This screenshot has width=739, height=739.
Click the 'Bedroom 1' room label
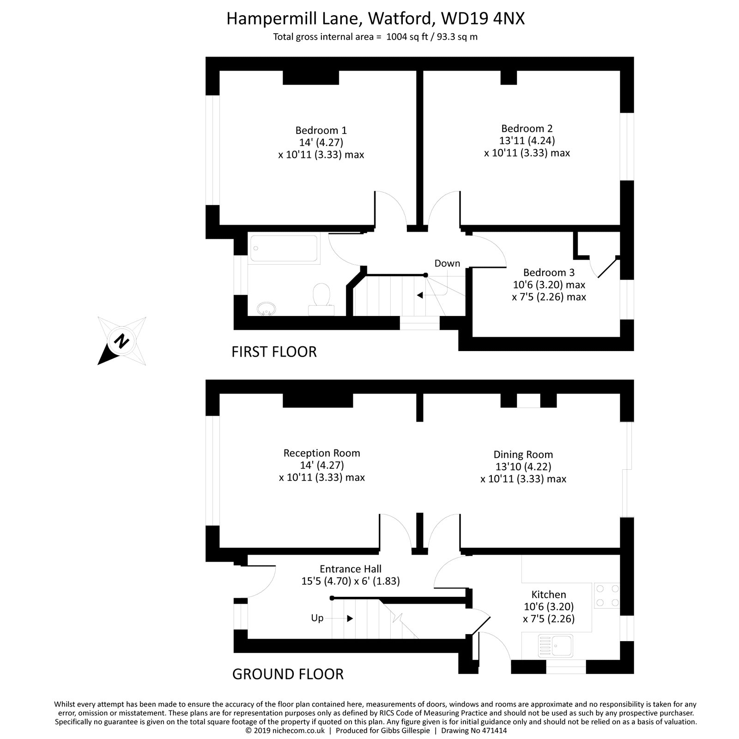(x=321, y=130)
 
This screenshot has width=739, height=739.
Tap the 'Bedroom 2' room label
(x=527, y=128)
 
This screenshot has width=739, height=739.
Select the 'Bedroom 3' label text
(x=549, y=273)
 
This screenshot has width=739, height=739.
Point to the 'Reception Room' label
(x=321, y=453)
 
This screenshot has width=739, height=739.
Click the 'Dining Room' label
(x=523, y=454)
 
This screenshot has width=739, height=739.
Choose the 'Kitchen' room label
(x=548, y=594)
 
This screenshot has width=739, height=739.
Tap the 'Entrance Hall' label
(x=350, y=569)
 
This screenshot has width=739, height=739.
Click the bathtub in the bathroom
(x=284, y=249)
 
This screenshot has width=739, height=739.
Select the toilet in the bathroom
(x=321, y=298)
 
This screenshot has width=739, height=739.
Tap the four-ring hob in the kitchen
(x=607, y=595)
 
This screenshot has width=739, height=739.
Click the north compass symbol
(x=122, y=341)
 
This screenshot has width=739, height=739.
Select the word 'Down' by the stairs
(x=447, y=263)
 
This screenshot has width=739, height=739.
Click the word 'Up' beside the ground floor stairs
(x=317, y=618)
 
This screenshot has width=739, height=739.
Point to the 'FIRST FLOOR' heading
(x=274, y=352)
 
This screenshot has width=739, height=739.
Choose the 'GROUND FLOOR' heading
(x=287, y=674)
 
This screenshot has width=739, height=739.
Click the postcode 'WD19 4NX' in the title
(x=483, y=19)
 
